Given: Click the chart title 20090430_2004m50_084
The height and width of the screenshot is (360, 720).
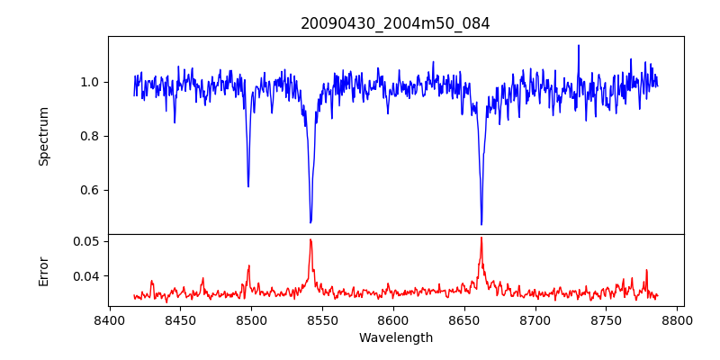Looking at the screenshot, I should coord(395,24).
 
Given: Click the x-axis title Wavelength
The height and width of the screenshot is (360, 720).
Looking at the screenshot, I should coord(395,337).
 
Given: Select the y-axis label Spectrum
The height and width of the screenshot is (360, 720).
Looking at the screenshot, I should coord(44,136).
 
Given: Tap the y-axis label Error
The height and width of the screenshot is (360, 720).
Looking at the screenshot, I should coord(44,270).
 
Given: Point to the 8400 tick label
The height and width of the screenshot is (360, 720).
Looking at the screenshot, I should coord(109,319).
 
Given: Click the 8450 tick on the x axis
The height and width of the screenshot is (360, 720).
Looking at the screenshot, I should coord(180,319).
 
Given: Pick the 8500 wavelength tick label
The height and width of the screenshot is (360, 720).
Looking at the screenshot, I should coord(251,319).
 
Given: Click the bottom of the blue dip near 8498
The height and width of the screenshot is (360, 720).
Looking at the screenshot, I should coord(248,186).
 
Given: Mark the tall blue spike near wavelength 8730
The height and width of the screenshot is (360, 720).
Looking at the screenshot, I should coord(579,46).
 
